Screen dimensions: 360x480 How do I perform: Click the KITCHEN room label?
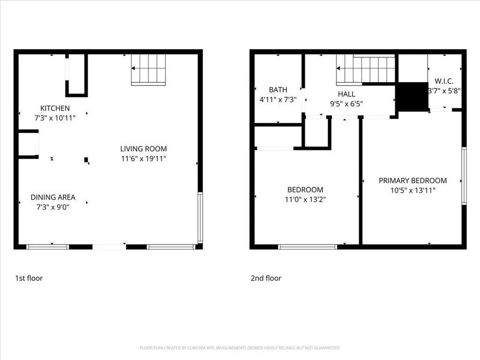55,108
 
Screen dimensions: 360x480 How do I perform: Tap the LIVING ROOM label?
143,149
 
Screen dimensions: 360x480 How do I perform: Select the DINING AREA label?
53,197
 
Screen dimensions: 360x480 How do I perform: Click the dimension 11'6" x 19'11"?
143,159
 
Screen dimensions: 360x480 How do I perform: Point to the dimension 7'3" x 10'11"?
55,119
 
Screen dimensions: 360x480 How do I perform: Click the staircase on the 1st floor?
149,69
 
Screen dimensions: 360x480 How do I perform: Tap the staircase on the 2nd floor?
366,69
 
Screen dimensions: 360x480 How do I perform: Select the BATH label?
278,90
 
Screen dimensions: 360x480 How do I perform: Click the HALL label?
346,94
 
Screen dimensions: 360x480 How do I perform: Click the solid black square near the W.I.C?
412,97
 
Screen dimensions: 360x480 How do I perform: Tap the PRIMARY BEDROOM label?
412,180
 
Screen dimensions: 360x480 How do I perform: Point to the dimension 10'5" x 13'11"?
412,190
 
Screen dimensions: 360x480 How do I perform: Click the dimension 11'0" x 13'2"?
305,199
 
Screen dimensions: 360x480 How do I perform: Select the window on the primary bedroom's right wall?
464,176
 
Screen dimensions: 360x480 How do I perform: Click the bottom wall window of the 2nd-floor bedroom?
307,247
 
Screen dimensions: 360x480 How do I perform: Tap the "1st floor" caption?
29,278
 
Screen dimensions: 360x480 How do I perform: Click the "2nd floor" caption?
266,278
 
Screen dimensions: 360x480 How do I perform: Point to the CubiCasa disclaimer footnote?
240,348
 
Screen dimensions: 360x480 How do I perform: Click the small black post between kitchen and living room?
86,160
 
